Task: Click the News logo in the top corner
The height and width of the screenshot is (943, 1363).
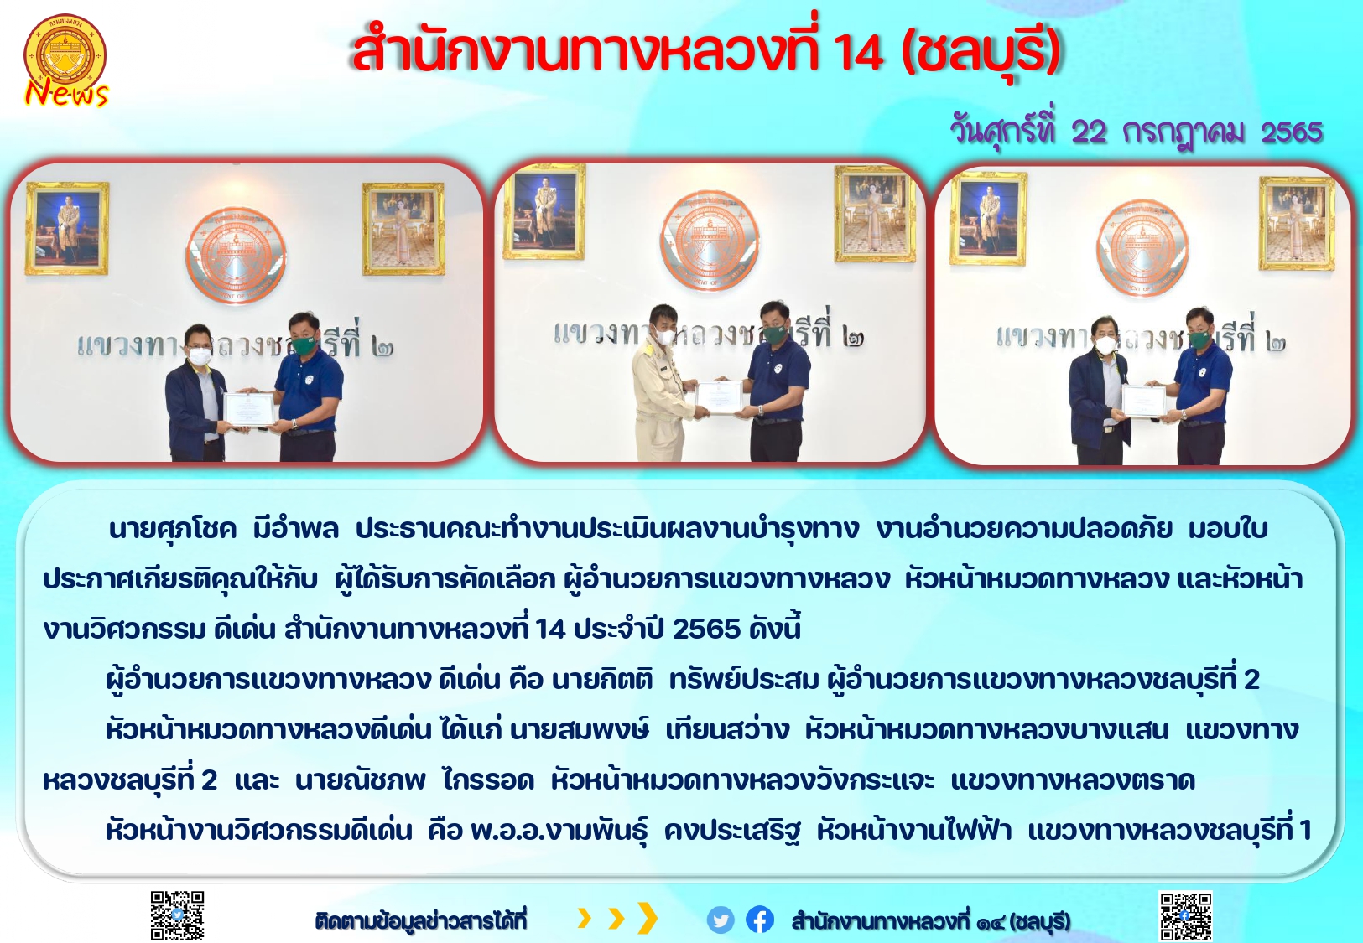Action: [65, 61]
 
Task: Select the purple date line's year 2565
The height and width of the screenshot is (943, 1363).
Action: [1292, 132]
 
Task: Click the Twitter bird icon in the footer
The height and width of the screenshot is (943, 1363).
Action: [720, 920]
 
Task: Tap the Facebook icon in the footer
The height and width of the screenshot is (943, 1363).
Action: [760, 920]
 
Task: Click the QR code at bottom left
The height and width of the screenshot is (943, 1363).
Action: [177, 915]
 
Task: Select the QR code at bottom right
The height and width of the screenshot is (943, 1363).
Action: [1185, 916]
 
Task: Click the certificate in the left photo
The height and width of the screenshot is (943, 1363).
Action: [249, 408]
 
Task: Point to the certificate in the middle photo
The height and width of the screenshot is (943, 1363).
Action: [719, 397]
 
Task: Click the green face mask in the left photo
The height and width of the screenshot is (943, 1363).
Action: [304, 345]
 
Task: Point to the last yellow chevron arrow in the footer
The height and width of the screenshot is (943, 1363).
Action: [647, 918]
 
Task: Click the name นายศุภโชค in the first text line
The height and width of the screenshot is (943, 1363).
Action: [173, 528]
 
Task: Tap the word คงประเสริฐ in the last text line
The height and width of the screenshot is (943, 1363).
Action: [732, 831]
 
